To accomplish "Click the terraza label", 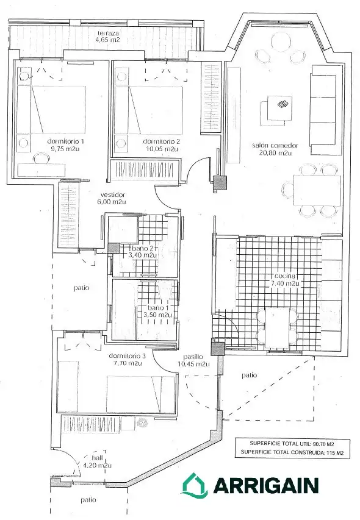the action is coord(108,33).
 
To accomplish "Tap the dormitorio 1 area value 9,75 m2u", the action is coord(65,149).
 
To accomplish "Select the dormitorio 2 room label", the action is coord(162,141).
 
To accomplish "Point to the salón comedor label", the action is coord(275,145).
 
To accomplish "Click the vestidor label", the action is coord(113,194).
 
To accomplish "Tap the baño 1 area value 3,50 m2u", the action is coord(157,315).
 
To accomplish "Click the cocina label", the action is coord(284,276).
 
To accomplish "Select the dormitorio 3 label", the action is coord(127,356).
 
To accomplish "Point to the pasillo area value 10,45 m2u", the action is coord(193,364).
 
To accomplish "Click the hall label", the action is coord(97,458).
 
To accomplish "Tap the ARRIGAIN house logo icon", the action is coord(195,485).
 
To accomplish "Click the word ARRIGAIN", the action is coord(266,485).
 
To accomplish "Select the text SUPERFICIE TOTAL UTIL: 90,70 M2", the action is coord(292,443).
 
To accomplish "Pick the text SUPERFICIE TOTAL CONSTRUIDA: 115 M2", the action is coord(292,452).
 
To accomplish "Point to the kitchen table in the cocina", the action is coord(278,327).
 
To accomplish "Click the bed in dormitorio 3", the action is coord(141,394).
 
